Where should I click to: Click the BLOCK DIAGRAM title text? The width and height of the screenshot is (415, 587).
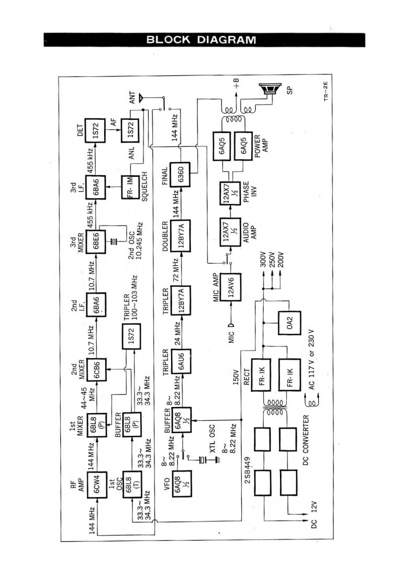click(201, 40)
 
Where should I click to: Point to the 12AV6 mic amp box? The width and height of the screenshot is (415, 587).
click(232, 286)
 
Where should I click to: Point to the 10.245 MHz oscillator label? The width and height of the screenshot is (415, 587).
click(134, 245)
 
